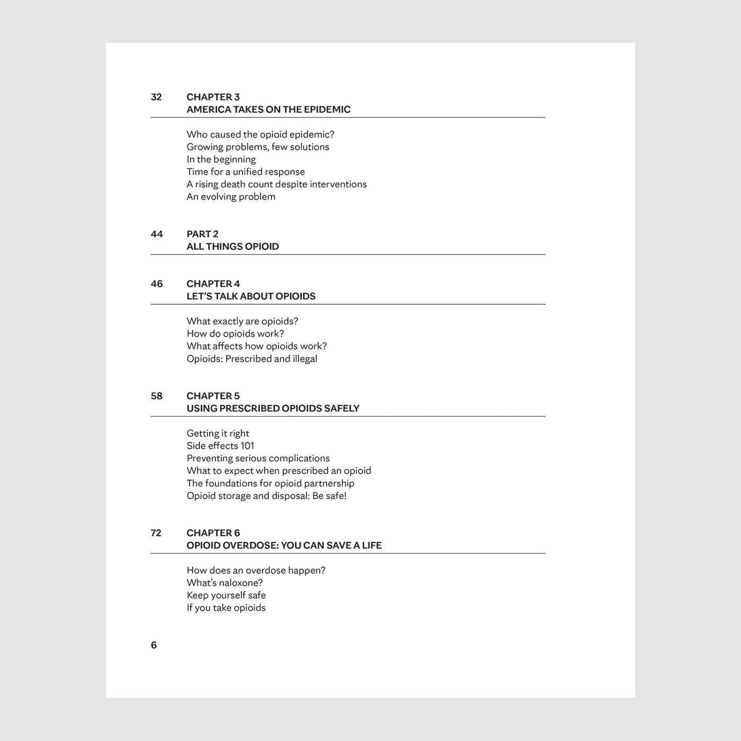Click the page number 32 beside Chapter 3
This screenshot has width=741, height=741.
(156, 97)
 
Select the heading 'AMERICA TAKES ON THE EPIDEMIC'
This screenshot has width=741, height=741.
(268, 110)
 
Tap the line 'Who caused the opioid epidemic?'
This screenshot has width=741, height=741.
(260, 134)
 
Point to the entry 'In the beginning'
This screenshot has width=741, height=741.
(221, 159)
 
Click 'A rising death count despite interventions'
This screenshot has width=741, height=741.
(276, 184)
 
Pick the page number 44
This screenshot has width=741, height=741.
(157, 234)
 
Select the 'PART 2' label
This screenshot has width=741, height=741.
(202, 234)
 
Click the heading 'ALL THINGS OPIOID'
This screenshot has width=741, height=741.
(232, 247)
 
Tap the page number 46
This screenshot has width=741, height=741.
(157, 284)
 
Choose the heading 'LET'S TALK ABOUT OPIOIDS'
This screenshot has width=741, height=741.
(251, 296)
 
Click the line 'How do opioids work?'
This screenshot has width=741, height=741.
(235, 333)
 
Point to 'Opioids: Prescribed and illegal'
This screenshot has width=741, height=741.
(252, 359)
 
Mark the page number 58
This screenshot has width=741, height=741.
(157, 396)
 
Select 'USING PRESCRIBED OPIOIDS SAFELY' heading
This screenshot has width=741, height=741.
(273, 409)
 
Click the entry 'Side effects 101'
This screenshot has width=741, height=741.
(220, 446)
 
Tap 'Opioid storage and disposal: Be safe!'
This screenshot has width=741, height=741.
(266, 496)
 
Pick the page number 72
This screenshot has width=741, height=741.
(156, 533)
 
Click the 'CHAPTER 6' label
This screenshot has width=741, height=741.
(213, 533)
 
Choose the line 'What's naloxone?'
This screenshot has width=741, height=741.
(224, 583)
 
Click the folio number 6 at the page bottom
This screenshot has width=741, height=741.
(154, 645)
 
